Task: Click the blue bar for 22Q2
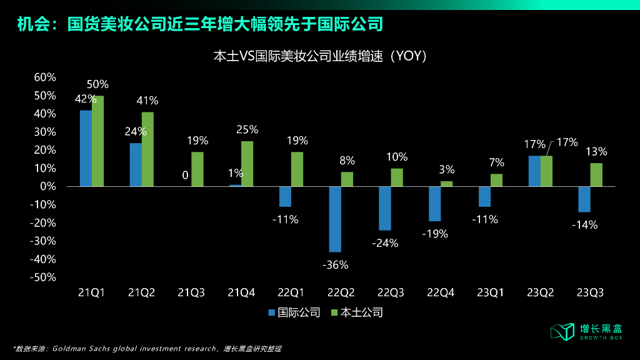(x=335, y=219)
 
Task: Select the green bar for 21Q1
(x=97, y=141)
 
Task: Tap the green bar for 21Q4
(x=247, y=164)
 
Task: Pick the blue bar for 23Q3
(x=584, y=199)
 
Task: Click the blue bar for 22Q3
(x=385, y=208)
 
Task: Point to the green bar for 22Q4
(x=447, y=184)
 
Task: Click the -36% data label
(x=335, y=265)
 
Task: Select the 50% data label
(x=98, y=84)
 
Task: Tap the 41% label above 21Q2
(x=147, y=101)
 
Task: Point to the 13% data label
(x=596, y=151)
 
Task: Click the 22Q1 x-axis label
(x=291, y=292)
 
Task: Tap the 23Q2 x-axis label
(x=540, y=292)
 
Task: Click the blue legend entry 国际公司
(x=294, y=312)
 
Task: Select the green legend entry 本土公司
(x=356, y=312)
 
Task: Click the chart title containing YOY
(x=320, y=56)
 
